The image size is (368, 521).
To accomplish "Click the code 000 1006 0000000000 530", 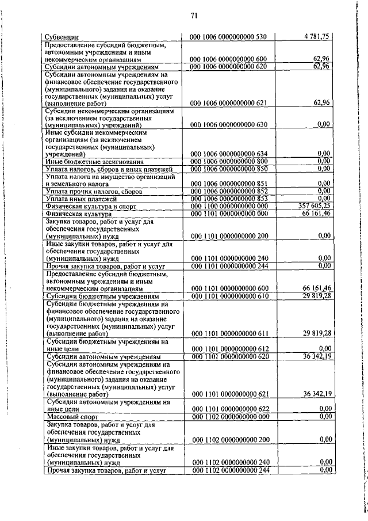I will coord(228,37).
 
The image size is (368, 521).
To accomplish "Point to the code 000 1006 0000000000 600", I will coord(228,59).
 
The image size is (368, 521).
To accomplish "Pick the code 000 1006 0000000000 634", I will coord(228,154).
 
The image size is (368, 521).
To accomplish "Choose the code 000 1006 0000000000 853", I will coord(228,198).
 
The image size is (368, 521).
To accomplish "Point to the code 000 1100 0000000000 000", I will coord(228,206).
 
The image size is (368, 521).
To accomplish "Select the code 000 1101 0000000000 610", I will coord(228,296).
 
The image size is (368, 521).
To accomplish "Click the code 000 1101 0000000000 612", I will coord(228,348).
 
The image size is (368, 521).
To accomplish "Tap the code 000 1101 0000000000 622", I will coord(228,409).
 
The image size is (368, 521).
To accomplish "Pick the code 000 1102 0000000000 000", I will coord(228,416).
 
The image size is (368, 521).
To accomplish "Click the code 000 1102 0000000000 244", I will coord(228,470).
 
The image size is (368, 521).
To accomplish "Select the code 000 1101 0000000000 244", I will coord(228,266).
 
